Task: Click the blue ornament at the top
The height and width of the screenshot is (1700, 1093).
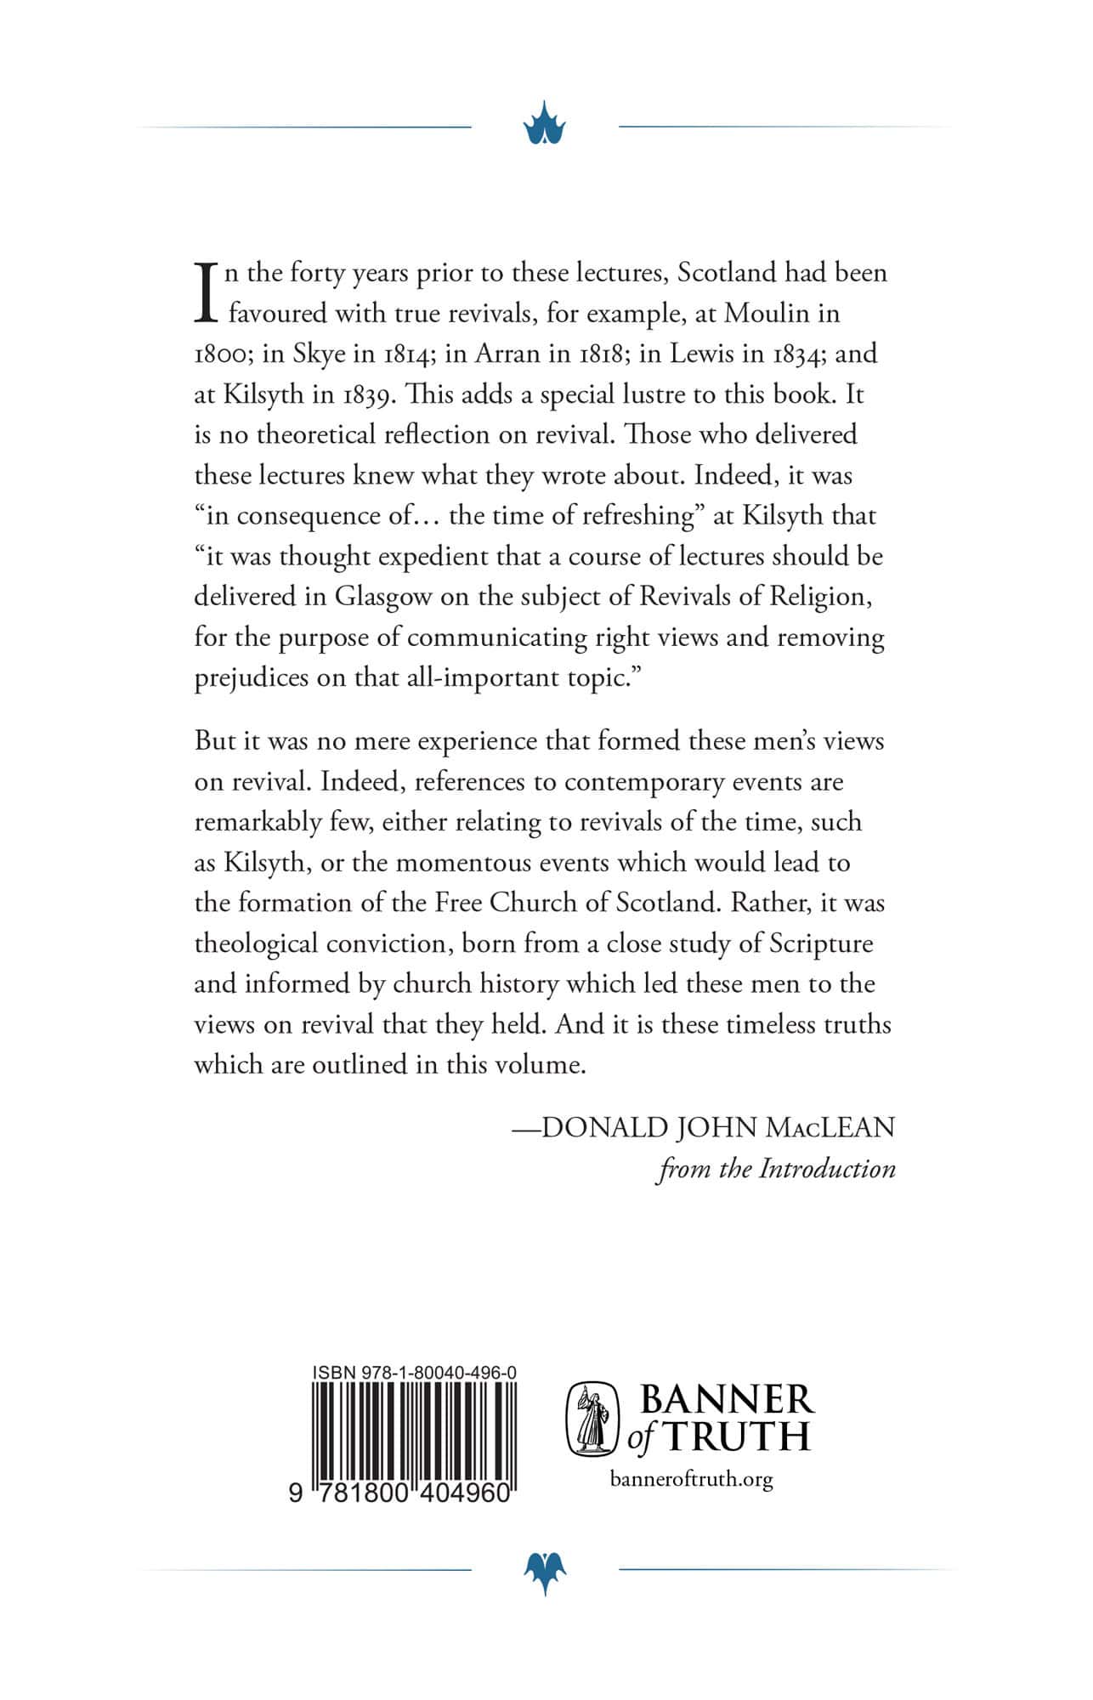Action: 545,127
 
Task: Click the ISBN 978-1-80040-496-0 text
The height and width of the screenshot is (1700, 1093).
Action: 415,1373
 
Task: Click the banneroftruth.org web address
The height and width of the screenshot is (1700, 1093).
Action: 692,1479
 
